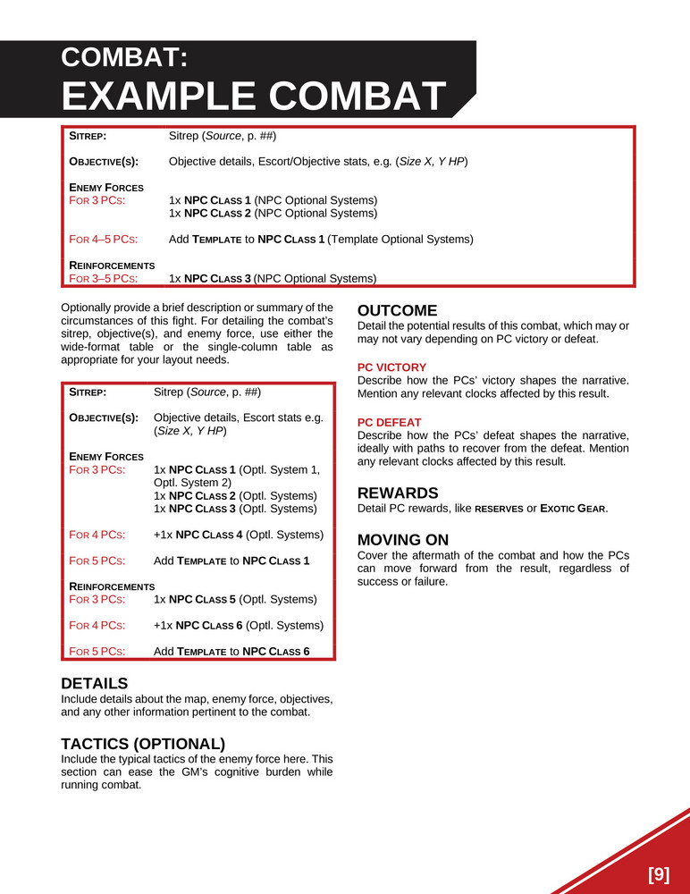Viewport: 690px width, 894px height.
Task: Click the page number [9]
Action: (x=658, y=874)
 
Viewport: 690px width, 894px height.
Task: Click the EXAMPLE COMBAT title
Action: (x=254, y=97)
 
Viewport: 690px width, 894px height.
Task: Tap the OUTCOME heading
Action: (x=397, y=311)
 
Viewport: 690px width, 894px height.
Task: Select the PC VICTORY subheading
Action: (x=391, y=367)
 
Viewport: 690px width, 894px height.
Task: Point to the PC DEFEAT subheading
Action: (x=389, y=422)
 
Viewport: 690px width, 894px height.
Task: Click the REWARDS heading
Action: (x=398, y=493)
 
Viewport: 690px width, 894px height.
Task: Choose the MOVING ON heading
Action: (x=403, y=540)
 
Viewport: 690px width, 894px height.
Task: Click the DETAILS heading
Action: (x=94, y=683)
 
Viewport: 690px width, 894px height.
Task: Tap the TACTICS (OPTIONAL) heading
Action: (x=142, y=744)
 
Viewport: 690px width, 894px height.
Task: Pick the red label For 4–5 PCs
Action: (x=104, y=240)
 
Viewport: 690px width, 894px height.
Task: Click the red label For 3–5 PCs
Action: (x=104, y=278)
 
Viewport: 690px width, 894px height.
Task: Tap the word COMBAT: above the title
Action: (x=124, y=58)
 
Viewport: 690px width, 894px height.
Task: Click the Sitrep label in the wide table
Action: (x=88, y=136)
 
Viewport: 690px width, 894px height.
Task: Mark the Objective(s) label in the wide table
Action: (x=104, y=162)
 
